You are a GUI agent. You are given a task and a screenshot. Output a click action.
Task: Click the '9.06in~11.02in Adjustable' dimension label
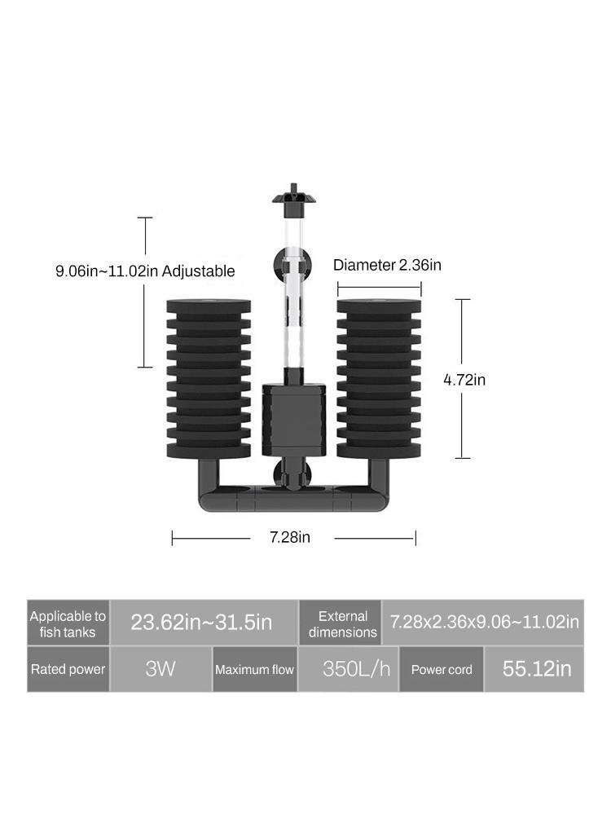click(x=145, y=271)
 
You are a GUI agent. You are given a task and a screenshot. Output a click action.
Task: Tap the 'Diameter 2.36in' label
click(x=387, y=265)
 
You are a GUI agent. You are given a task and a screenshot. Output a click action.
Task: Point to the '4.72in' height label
click(x=464, y=379)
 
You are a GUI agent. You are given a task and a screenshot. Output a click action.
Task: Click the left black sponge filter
click(x=209, y=379)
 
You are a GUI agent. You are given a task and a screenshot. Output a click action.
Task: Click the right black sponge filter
click(x=379, y=379)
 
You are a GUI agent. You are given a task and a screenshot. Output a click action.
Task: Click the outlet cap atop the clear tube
click(x=294, y=197)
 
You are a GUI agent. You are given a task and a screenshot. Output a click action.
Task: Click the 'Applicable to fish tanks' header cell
click(x=68, y=623)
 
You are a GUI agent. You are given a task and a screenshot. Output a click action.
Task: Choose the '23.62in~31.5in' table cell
click(x=201, y=623)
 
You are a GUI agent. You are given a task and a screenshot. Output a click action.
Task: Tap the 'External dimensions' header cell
click(x=343, y=623)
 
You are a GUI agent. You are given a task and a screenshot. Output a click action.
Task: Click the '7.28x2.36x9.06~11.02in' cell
click(x=484, y=623)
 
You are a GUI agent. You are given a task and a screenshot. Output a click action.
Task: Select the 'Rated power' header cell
click(x=68, y=669)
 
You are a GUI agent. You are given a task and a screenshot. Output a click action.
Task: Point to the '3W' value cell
click(x=160, y=669)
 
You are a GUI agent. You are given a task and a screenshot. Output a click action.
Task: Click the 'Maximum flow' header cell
click(x=254, y=670)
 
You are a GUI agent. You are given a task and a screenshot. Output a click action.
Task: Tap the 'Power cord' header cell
click(x=442, y=670)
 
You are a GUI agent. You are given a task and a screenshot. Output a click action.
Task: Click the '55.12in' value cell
click(x=536, y=669)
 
